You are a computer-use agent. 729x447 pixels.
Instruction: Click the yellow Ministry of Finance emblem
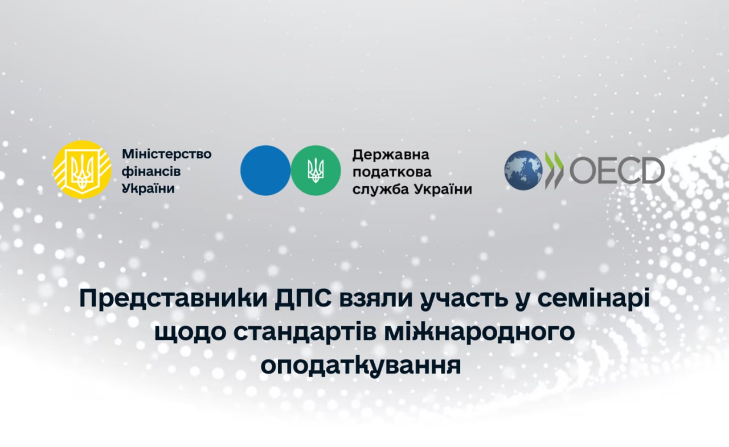click(83, 170)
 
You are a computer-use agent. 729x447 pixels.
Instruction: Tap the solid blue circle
click(265, 170)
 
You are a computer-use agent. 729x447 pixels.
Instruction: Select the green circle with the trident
click(316, 170)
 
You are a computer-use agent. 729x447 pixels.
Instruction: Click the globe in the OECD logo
click(523, 170)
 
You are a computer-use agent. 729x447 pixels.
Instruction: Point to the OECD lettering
click(617, 170)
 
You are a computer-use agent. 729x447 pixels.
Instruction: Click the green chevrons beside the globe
click(554, 170)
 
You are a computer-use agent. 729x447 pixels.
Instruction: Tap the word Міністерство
click(167, 154)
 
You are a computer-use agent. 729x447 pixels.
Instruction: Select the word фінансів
click(151, 171)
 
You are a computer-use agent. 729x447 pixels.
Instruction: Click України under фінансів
click(149, 188)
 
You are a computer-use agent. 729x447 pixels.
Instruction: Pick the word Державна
click(391, 155)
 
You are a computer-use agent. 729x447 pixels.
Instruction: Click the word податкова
click(392, 172)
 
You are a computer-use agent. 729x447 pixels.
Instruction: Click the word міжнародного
click(480, 332)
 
